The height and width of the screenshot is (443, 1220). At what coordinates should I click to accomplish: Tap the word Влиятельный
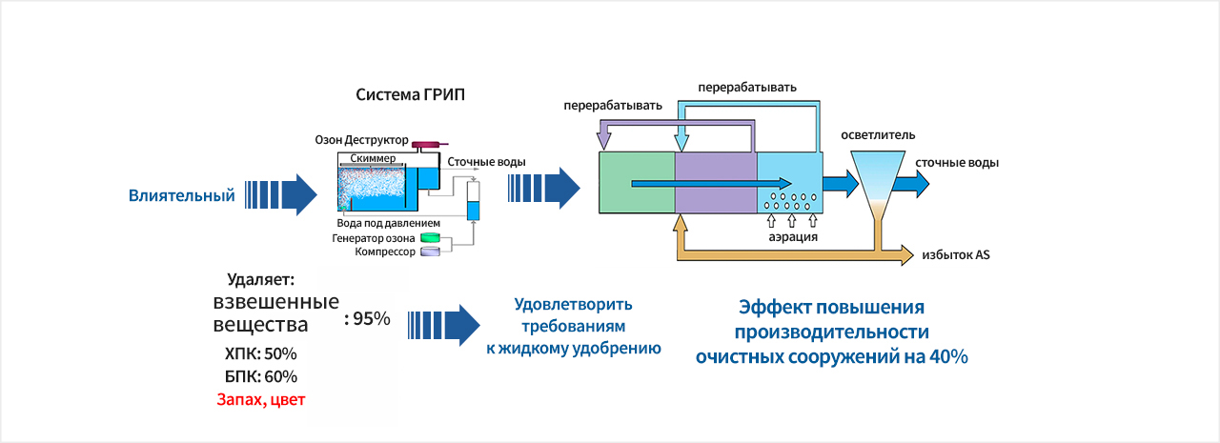[x=182, y=196]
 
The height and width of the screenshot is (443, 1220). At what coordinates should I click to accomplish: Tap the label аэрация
[x=793, y=236]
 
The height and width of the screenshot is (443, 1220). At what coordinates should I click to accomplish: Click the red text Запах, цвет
[x=260, y=399]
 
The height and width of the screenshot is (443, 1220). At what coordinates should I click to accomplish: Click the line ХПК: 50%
[x=260, y=352]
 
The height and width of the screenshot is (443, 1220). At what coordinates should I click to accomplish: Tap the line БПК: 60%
[x=260, y=375]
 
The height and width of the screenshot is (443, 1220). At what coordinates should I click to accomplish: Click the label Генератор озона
[x=374, y=237]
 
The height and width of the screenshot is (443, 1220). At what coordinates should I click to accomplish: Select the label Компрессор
[x=386, y=252]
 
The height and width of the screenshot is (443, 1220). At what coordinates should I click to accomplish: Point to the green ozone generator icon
[x=432, y=237]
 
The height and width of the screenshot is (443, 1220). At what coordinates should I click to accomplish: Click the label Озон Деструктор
[x=361, y=140]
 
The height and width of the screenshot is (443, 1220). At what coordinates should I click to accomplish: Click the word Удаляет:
[x=260, y=280]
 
